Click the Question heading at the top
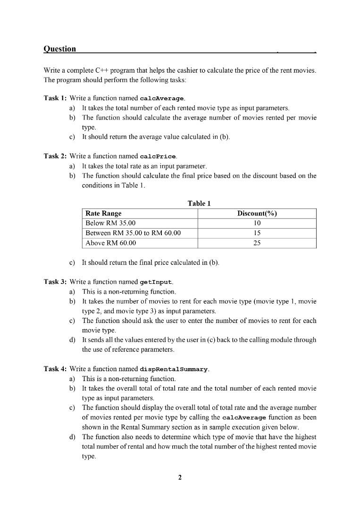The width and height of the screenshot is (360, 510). click(59, 49)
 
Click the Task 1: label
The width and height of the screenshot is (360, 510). click(55, 98)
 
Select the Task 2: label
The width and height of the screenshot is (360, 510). click(55, 156)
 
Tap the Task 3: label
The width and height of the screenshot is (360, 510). click(55, 282)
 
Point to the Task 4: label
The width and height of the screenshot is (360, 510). click(55, 369)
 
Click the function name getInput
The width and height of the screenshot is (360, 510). click(156, 282)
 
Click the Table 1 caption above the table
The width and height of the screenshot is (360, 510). click(199, 204)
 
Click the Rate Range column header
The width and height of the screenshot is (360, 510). click(103, 213)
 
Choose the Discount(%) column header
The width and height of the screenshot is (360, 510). click(257, 213)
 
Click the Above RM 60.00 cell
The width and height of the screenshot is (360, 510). click(110, 243)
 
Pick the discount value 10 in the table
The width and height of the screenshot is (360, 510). click(257, 223)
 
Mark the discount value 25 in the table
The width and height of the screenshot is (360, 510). click(257, 243)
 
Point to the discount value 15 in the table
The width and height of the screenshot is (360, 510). click(257, 233)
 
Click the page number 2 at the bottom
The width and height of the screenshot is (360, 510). click(180, 477)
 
